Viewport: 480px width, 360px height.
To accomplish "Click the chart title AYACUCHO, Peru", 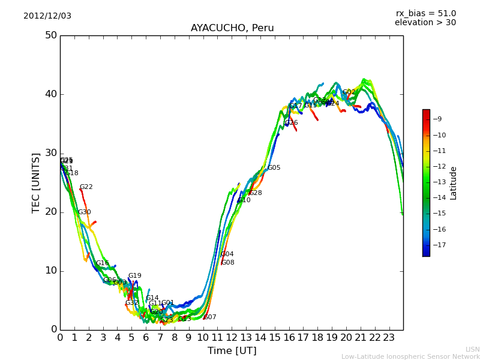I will (x=232, y=28).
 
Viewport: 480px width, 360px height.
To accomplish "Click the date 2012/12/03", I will (x=47, y=16).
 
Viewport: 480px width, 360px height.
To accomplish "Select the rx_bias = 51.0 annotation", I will (x=426, y=13).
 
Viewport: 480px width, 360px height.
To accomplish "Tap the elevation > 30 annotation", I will (x=425, y=23).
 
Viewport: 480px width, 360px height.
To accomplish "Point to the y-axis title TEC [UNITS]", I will (x=36, y=182).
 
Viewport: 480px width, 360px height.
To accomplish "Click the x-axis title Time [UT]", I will (x=232, y=350).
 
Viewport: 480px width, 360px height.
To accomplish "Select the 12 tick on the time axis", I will (x=232, y=337).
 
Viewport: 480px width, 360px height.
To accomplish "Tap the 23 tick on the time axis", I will (x=389, y=337).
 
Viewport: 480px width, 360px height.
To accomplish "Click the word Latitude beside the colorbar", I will (x=454, y=183).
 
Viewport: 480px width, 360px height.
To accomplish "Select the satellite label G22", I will (x=86, y=187).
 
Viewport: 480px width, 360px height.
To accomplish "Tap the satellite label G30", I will (x=85, y=212).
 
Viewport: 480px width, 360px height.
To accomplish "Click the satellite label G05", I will (x=274, y=168).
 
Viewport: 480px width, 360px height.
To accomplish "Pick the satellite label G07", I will (x=210, y=317).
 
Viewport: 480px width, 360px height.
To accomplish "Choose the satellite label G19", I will (x=135, y=276).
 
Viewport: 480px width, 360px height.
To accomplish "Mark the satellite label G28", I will (x=256, y=193).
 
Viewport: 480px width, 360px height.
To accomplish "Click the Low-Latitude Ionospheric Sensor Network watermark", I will (x=410, y=356).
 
